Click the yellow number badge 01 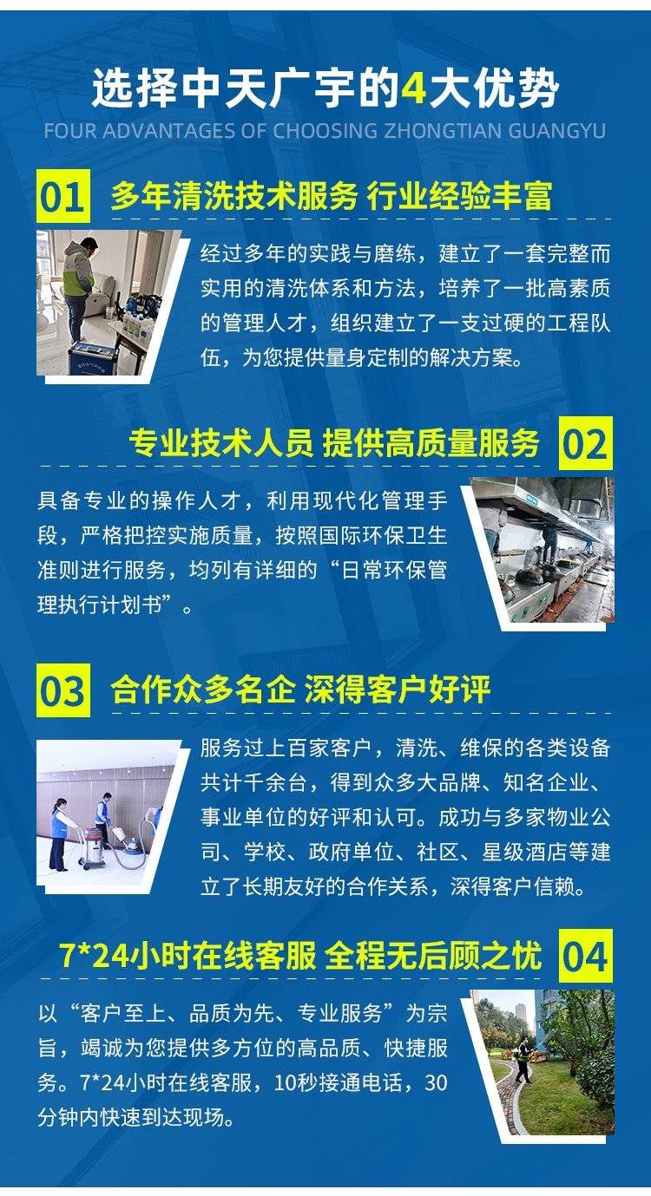coord(63,196)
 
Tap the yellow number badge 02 coord(586,443)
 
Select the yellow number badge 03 coord(63,690)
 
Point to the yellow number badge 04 coord(586,956)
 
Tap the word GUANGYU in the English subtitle coord(556,131)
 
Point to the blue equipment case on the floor coord(93,356)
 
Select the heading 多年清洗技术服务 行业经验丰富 coord(332,196)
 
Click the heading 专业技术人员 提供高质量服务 coord(334,443)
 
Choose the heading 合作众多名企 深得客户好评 coord(299,690)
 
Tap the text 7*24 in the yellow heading coord(95,956)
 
